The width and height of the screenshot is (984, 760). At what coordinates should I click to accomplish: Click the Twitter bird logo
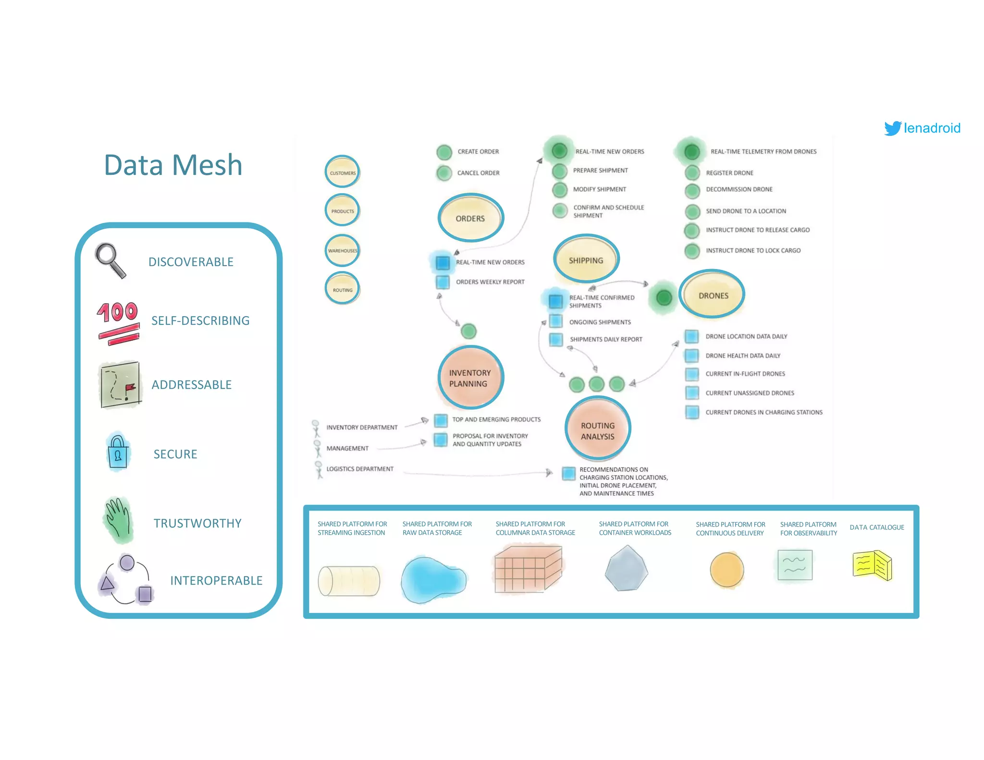[x=893, y=128]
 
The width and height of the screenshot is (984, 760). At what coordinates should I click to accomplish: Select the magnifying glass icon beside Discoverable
[x=111, y=260]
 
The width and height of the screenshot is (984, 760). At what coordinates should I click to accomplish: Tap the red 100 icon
[x=118, y=322]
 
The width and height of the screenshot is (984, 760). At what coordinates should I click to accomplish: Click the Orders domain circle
[x=470, y=218]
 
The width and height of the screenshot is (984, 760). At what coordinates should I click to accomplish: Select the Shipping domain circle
[x=586, y=260]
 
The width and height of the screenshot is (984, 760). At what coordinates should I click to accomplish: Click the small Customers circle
[x=342, y=172]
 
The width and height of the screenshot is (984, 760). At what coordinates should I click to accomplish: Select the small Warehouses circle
[x=342, y=250]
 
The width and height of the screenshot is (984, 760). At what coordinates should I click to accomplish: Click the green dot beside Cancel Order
[x=444, y=173]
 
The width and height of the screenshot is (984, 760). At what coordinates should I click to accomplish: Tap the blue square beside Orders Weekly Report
[x=443, y=282]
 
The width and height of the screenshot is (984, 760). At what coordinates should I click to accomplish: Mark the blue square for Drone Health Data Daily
[x=692, y=355]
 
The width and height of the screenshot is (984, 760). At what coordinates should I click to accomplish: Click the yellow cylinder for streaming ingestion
[x=349, y=581]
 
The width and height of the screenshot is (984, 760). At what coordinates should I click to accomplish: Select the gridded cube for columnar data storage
[x=528, y=569]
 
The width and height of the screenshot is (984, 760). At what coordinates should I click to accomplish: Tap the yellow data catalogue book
[x=872, y=565]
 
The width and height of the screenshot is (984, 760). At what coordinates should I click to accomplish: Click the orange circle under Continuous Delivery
[x=726, y=570]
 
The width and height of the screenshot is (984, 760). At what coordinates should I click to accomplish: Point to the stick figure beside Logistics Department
[x=318, y=469]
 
